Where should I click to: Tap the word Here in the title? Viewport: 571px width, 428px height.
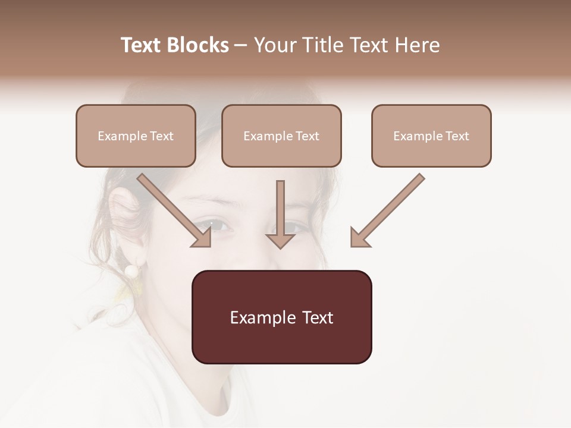pyautogui.click(x=417, y=45)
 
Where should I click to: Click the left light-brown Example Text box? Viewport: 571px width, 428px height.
pyautogui.click(x=136, y=136)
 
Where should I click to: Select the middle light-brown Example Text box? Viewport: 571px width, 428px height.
pyautogui.click(x=281, y=136)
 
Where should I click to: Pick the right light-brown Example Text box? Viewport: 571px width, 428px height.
pyautogui.click(x=431, y=136)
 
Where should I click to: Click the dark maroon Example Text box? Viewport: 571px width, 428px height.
pyautogui.click(x=281, y=317)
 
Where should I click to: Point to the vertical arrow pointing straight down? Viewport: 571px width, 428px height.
pyautogui.click(x=280, y=214)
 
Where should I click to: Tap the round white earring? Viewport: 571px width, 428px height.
pyautogui.click(x=131, y=271)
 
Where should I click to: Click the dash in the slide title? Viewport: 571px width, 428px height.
pyautogui.click(x=241, y=45)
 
